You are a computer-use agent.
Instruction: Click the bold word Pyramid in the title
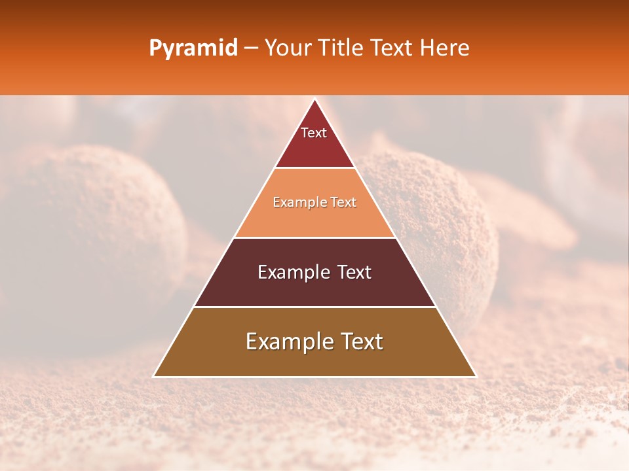(x=193, y=48)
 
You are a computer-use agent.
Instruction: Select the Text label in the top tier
(x=314, y=133)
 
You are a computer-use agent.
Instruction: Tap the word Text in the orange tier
(x=343, y=203)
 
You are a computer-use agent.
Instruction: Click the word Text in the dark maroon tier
(x=354, y=272)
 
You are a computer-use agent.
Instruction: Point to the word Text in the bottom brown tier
(x=361, y=341)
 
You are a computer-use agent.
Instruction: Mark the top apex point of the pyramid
(x=314, y=99)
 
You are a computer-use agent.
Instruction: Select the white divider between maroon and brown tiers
(x=314, y=307)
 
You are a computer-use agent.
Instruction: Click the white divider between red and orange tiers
(x=314, y=168)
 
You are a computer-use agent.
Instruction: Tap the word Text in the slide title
(x=396, y=48)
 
